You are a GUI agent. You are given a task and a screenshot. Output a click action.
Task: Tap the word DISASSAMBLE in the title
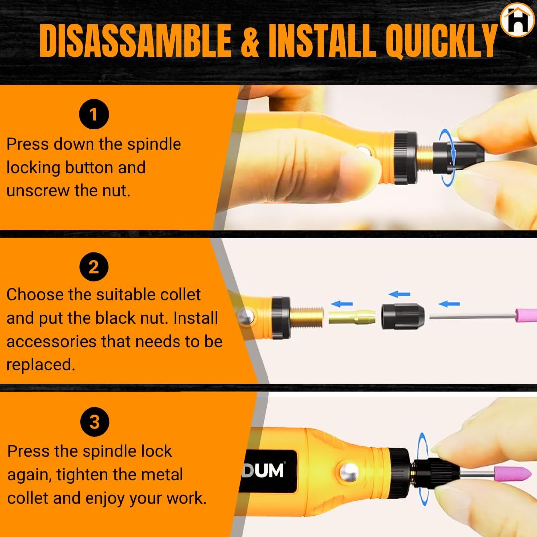(x=136, y=41)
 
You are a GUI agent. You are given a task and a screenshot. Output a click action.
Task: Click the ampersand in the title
(x=250, y=41)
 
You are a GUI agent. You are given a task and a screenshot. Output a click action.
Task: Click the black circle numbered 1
(x=94, y=114)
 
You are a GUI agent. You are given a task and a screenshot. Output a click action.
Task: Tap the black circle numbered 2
(x=94, y=267)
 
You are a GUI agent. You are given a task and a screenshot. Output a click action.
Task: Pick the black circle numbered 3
(x=95, y=422)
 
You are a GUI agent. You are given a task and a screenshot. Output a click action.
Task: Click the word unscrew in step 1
(x=38, y=191)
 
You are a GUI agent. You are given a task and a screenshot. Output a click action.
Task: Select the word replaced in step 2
(x=41, y=365)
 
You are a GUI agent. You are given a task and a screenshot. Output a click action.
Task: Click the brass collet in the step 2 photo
(x=352, y=317)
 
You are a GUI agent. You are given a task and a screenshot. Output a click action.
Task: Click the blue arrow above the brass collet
(x=342, y=304)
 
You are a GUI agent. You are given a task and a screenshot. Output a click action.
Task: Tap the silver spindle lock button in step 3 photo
(x=349, y=472)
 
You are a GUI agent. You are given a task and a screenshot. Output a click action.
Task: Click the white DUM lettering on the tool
(x=263, y=471)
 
